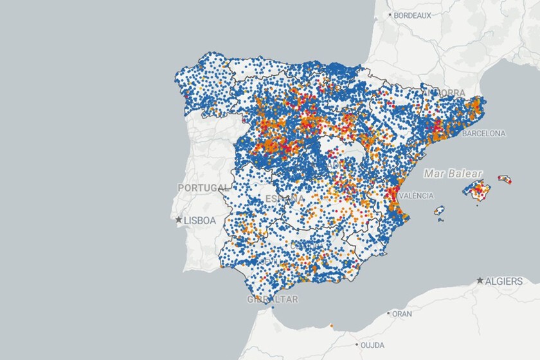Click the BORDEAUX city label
tap(412, 15)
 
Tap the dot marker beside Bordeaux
tap(390, 15)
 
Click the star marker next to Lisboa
tap(179, 220)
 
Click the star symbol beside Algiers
tap(480, 281)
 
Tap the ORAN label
tap(402, 314)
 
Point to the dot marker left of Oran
tap(389, 314)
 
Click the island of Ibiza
tap(440, 210)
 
